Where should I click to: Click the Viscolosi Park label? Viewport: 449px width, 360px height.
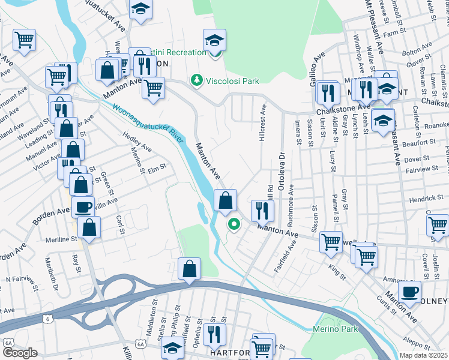point(232,80)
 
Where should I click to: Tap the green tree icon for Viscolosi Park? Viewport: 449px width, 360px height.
point(196,80)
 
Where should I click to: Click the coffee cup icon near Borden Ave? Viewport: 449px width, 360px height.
point(83,207)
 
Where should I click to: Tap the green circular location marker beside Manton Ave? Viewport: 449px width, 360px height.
point(233,225)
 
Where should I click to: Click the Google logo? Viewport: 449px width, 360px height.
point(20,353)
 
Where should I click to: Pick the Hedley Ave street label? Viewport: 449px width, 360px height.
point(137,142)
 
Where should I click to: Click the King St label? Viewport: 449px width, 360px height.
point(337,272)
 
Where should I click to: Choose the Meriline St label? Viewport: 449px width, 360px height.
point(62,239)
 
